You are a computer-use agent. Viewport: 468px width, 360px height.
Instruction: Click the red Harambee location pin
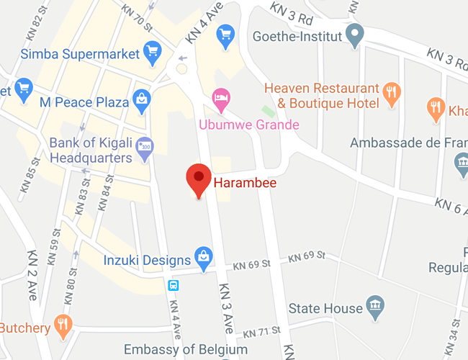199,179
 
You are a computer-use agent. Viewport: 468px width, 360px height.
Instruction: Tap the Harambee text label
245,183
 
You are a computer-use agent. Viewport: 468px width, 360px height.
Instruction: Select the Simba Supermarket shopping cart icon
152,50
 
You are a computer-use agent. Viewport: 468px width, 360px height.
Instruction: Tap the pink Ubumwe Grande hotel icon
220,97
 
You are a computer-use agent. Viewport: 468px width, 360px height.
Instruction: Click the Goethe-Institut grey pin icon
354,34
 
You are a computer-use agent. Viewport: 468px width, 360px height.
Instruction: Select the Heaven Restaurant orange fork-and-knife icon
392,91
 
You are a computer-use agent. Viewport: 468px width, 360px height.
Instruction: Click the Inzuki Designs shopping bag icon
204,257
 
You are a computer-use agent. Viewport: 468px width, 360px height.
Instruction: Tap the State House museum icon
374,305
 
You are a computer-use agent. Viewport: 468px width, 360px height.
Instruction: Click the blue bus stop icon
174,284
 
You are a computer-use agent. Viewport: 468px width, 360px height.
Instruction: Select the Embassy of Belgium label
186,349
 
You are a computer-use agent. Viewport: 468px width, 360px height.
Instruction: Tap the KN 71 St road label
261,333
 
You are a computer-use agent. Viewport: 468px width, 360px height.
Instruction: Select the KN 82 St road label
33,28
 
